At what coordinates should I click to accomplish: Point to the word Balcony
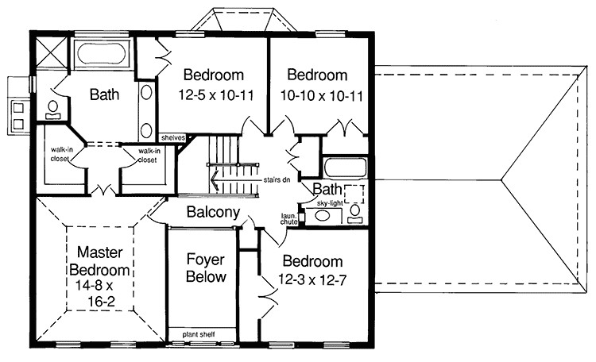pyautogui.click(x=213, y=213)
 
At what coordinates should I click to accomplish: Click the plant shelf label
pyautogui.click(x=201, y=333)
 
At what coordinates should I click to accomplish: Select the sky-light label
pyautogui.click(x=332, y=204)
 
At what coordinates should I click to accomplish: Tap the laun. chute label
pyautogui.click(x=289, y=218)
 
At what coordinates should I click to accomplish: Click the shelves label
pyautogui.click(x=172, y=137)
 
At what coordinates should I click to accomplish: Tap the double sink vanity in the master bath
pyautogui.click(x=148, y=110)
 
